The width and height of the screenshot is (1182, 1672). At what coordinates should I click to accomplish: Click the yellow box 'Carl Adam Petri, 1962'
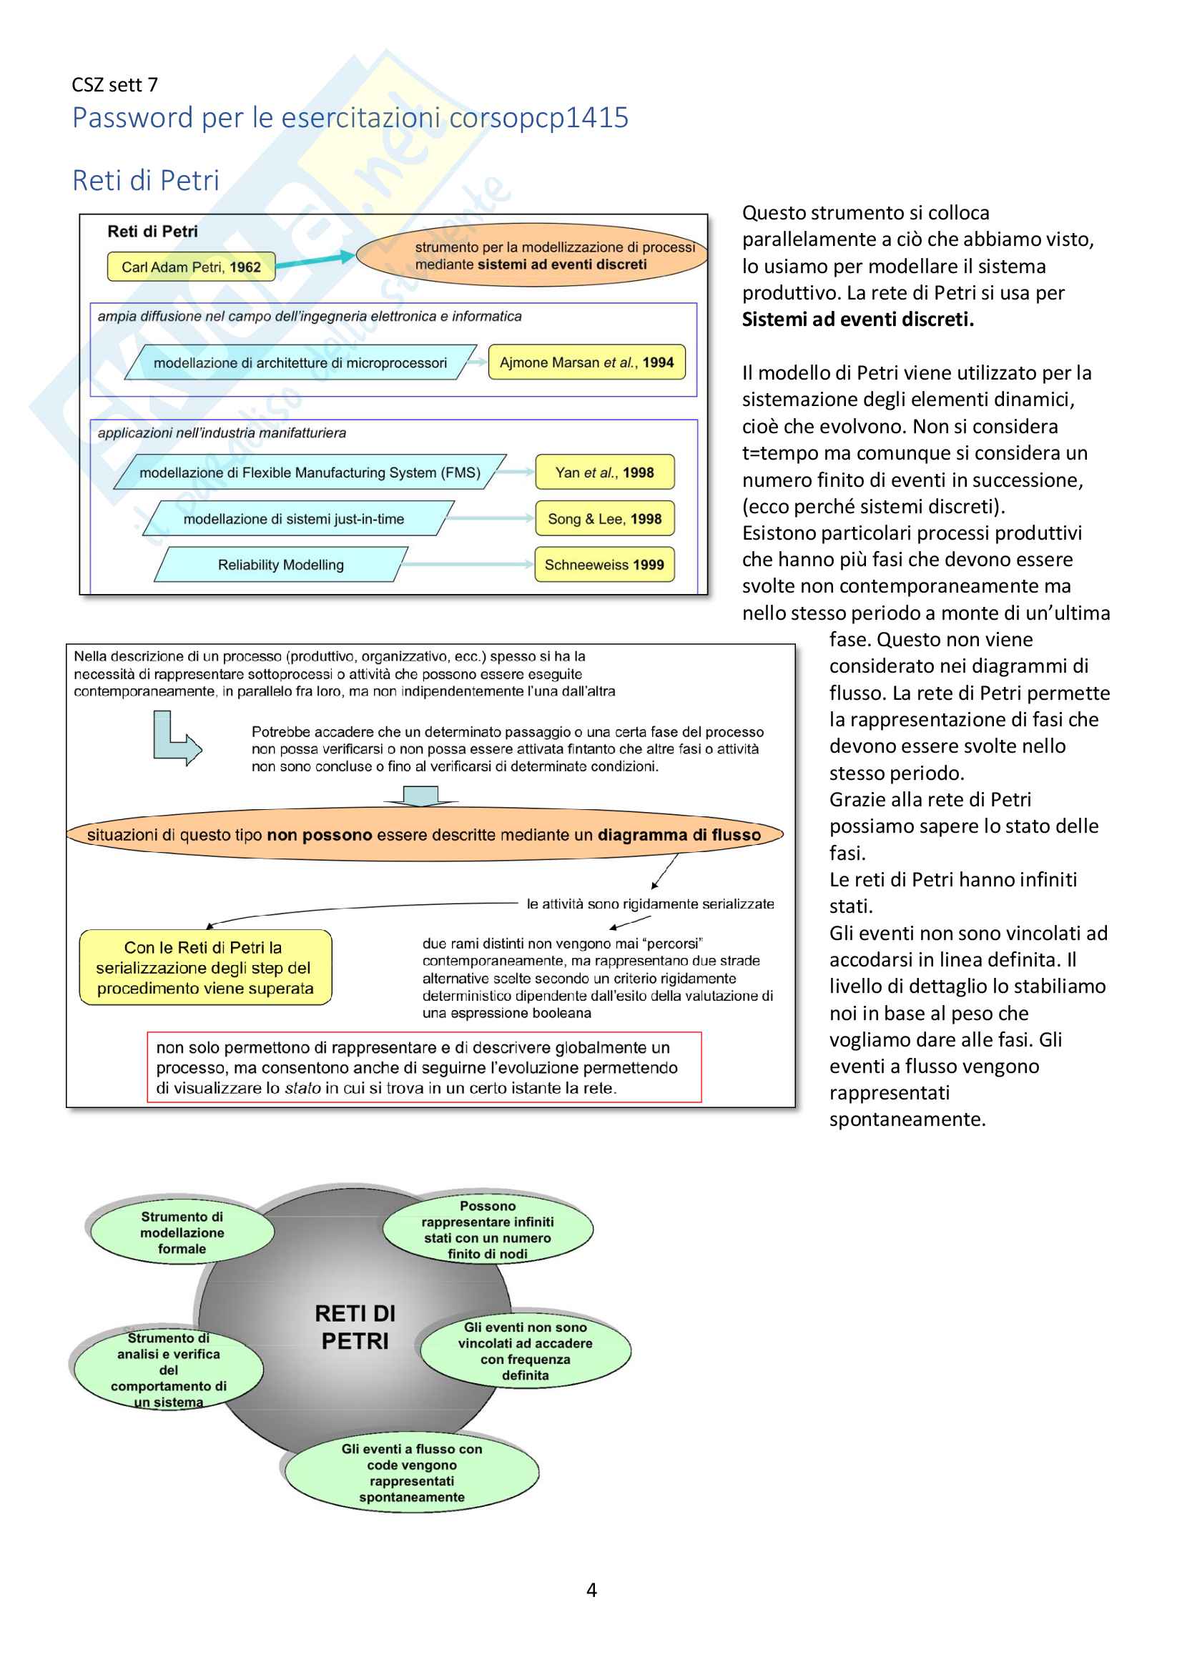coord(191,267)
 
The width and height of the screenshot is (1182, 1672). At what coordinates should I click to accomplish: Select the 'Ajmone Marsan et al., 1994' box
coord(586,362)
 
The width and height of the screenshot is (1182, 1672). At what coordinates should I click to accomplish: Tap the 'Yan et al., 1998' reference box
coord(604,472)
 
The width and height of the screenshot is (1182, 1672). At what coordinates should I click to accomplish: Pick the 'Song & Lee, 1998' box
coord(604,518)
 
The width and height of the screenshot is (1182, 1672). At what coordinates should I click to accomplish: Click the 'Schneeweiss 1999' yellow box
coord(604,565)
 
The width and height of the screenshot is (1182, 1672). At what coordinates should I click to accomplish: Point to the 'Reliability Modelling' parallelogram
coord(281,565)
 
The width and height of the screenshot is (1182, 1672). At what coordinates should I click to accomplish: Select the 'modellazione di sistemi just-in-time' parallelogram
coord(294,518)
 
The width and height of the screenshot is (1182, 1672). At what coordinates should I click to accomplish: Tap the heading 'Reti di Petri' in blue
coord(146,180)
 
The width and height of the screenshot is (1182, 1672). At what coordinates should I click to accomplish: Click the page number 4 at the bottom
coord(591,1590)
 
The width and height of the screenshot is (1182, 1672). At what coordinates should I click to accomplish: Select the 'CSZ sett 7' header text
coord(114,84)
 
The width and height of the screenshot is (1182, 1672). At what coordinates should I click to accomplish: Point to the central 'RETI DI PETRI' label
coord(355,1327)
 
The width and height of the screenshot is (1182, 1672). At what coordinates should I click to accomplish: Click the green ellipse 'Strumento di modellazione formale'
coord(182,1232)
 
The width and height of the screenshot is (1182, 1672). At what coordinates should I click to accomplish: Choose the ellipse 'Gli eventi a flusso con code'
coord(412,1473)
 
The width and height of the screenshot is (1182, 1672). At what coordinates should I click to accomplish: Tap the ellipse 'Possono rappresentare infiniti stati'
coord(488,1230)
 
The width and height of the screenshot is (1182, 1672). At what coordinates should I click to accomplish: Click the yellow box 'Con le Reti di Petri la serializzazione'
coord(205,967)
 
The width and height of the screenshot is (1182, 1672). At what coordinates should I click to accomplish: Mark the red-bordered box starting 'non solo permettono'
coord(424,1067)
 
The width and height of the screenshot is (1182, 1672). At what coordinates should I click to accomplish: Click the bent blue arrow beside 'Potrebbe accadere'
coord(174,739)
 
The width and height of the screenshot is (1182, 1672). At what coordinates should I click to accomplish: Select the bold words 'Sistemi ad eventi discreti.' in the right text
coord(858,319)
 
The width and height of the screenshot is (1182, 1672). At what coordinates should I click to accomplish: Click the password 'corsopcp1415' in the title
coord(539,117)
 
